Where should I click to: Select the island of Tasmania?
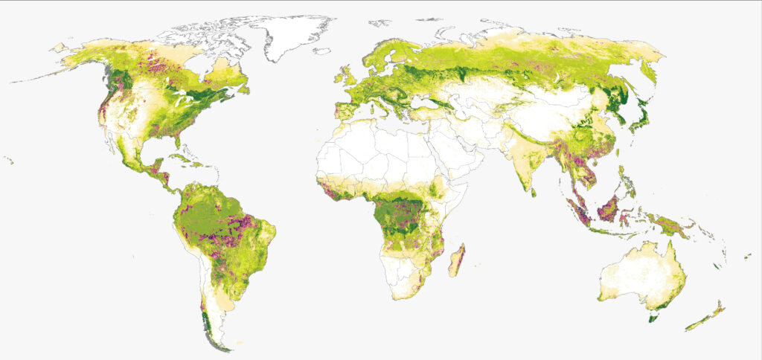[x=653, y=318]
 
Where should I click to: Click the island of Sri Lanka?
[x=537, y=190]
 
